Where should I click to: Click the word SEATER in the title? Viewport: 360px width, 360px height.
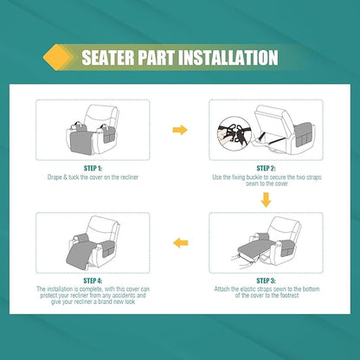109,59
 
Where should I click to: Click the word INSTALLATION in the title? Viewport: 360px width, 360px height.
227,59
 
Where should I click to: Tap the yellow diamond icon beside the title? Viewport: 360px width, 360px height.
56,58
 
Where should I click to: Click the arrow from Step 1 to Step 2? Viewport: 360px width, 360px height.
180,130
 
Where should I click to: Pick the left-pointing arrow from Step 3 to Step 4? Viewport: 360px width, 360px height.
180,243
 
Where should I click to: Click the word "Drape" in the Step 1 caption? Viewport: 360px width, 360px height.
55,177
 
